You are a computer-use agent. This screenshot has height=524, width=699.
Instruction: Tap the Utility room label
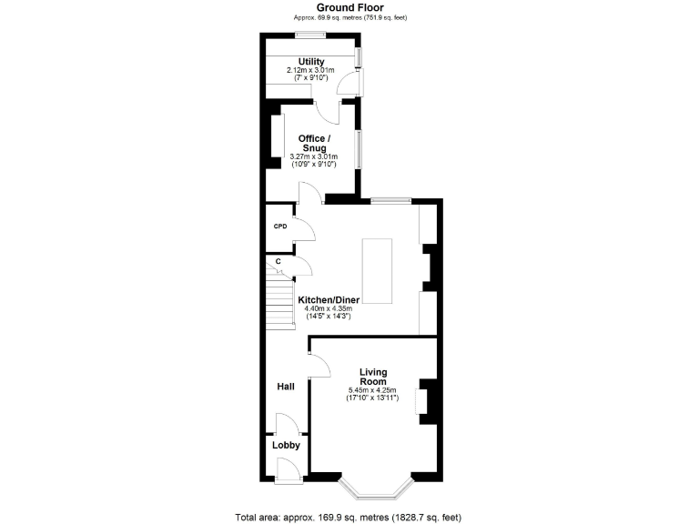310,62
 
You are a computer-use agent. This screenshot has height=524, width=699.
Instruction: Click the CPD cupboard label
279,227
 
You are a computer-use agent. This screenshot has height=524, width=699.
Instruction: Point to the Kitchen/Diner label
329,299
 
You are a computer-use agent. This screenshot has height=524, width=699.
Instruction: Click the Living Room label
373,377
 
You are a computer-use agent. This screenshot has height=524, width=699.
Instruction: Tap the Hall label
285,387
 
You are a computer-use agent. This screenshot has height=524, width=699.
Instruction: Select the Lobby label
286,446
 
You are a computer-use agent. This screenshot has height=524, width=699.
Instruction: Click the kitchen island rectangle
378,271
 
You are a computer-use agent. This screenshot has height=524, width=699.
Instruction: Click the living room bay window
376,492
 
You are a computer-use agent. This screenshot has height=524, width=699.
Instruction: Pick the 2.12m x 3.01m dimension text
310,70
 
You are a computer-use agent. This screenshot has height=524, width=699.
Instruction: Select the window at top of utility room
311,35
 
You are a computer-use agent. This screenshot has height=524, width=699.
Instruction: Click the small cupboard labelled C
279,261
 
